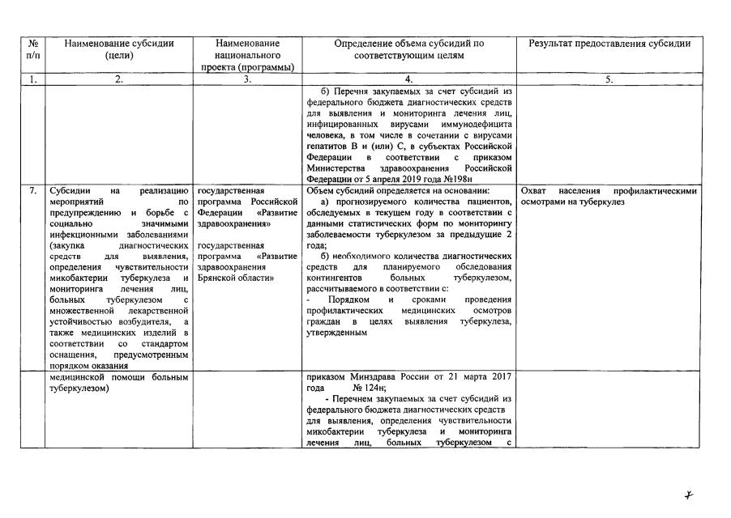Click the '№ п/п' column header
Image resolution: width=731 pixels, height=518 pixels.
point(32,49)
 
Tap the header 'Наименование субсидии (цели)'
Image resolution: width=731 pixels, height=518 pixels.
point(119,49)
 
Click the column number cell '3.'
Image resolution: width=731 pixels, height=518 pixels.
point(247,79)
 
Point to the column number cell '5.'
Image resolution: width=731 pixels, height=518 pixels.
point(609,79)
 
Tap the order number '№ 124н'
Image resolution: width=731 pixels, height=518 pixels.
point(357,388)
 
